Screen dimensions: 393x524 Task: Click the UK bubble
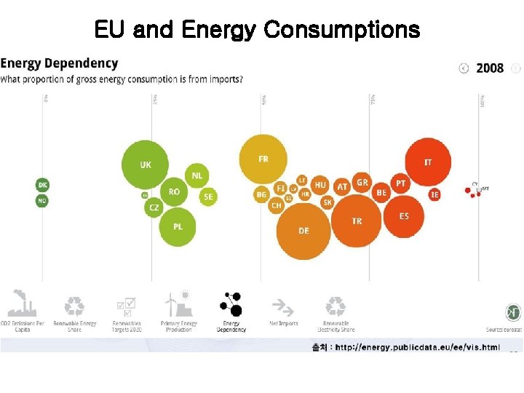click(146, 165)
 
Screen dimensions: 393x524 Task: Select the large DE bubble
click(303, 231)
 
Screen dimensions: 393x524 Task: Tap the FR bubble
click(263, 159)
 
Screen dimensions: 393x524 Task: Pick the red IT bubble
click(428, 162)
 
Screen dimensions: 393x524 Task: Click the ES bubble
click(404, 216)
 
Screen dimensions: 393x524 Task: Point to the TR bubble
click(357, 221)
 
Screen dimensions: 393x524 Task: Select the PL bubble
click(178, 227)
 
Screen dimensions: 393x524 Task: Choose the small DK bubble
click(42, 185)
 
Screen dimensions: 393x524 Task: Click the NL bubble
click(197, 175)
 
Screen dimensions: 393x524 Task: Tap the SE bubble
click(208, 196)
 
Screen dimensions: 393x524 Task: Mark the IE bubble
click(434, 194)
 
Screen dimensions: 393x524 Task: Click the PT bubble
click(400, 184)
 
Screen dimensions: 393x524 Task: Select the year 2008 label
click(490, 68)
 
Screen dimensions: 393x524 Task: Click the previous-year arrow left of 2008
click(464, 68)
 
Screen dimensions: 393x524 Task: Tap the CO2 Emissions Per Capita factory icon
click(23, 303)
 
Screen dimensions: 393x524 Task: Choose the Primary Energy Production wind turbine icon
click(178, 303)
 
